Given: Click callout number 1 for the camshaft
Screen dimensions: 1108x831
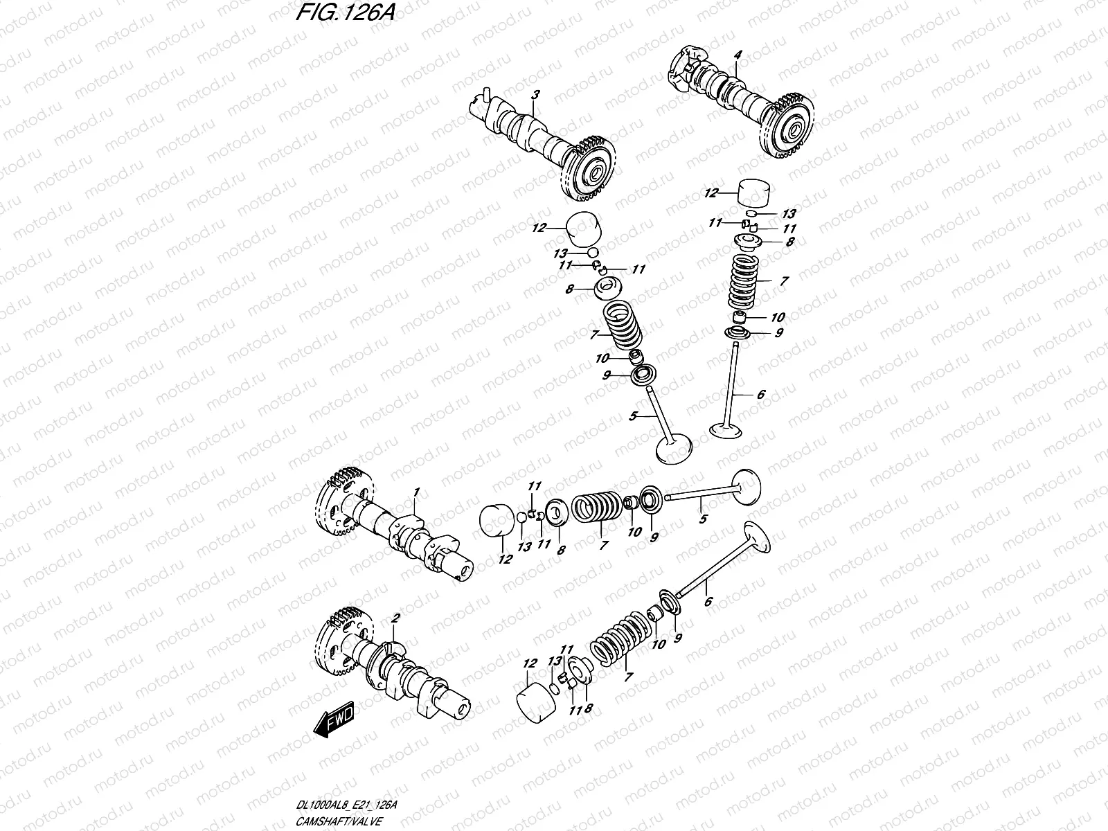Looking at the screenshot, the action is pos(417,492).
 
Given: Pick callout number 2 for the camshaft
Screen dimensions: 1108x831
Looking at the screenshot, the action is pos(395,617).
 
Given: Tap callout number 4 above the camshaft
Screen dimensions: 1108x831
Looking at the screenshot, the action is pos(738,54).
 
